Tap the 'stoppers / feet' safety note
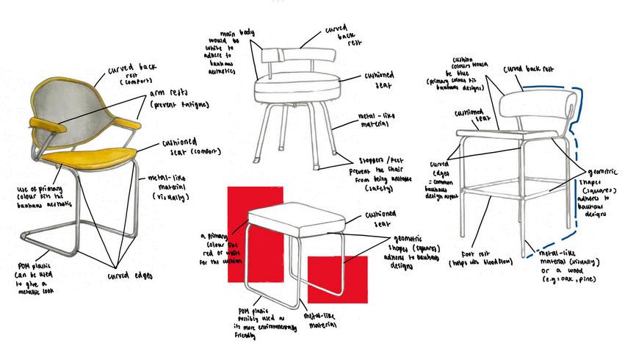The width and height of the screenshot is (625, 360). [x=385, y=173]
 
